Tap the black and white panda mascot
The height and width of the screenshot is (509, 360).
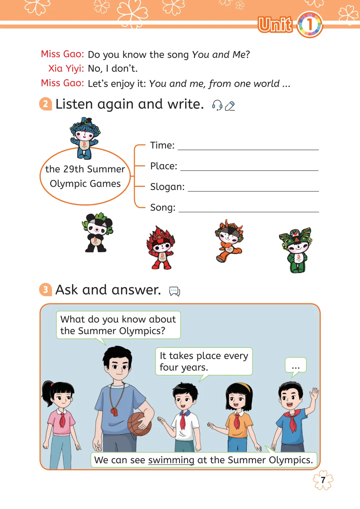97,232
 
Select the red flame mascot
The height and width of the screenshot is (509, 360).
161,247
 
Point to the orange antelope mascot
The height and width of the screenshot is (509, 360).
229,241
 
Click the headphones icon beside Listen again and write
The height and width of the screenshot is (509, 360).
217,105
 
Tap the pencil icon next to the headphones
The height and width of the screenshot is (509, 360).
230,106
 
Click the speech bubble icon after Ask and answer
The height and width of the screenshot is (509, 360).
175,291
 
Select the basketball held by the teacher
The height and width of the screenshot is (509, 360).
139,424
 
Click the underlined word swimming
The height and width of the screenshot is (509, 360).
171,460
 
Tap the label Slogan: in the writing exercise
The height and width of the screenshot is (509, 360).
167,187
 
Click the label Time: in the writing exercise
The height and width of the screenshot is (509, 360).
162,145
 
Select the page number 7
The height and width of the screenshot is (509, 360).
323,480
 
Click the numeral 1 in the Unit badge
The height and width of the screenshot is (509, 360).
310,24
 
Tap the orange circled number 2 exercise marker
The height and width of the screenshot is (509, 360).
46,104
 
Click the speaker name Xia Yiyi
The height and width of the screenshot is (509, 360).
66,68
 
